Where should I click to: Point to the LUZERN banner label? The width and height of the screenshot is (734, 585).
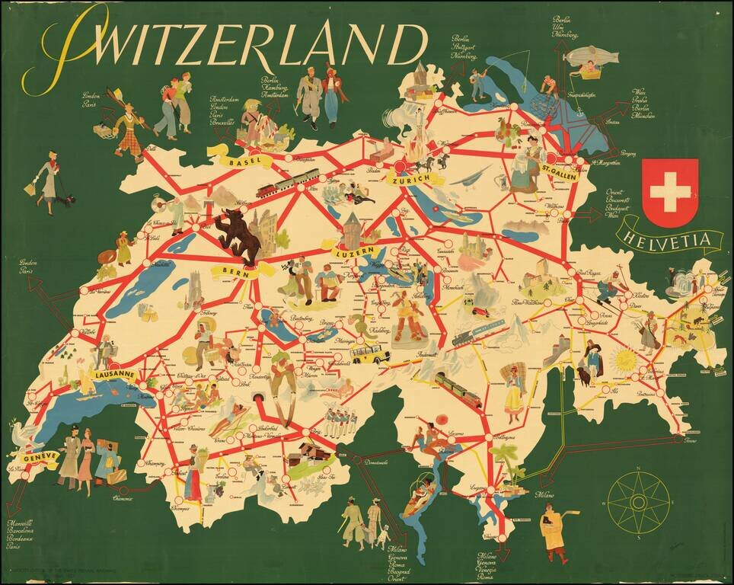(x=354, y=251)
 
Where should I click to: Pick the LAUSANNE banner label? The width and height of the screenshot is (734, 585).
(x=114, y=375)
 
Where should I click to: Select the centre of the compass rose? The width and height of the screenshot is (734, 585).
(x=639, y=501)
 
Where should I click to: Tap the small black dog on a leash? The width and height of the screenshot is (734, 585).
(x=69, y=200)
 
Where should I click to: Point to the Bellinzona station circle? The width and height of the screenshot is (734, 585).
(x=488, y=438)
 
